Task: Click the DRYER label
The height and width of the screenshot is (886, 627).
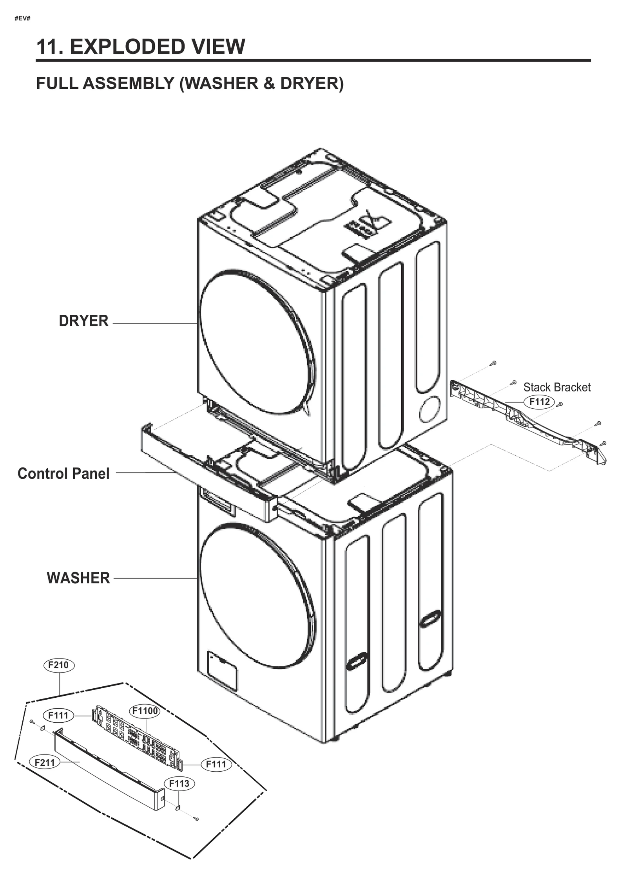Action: [x=83, y=321]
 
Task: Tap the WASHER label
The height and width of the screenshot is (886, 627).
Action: [x=78, y=578]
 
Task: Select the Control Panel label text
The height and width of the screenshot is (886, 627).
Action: [x=63, y=473]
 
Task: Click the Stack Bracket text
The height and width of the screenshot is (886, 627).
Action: [x=556, y=387]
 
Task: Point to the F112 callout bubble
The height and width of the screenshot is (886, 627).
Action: [x=539, y=402]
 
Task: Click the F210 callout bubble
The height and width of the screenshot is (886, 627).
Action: [x=58, y=665]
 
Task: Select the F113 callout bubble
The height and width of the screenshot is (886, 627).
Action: [x=179, y=783]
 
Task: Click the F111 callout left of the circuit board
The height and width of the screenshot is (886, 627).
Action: [x=58, y=715]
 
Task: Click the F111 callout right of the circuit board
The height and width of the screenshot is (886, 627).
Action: [x=216, y=764]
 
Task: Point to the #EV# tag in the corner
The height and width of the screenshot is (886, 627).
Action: [x=22, y=18]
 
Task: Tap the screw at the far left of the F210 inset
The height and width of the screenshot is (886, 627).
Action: [x=31, y=721]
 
